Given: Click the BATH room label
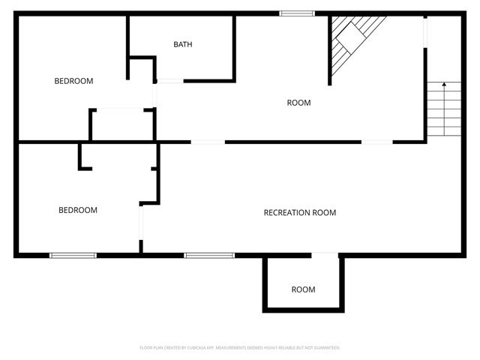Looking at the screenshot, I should point(183,44).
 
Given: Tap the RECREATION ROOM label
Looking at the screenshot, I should point(300,213).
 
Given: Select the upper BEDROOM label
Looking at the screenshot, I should point(73,81).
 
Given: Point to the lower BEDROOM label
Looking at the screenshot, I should point(78,211).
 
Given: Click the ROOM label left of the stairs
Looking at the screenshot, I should point(298,103).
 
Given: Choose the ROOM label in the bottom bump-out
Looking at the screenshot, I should point(303,289).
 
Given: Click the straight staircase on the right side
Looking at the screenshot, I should point(444,109).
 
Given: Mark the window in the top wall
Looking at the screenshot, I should point(297,13).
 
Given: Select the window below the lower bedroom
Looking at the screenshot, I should point(73,256).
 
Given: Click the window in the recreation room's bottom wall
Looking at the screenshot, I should point(209,256).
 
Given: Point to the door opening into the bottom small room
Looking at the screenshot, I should point(325,256).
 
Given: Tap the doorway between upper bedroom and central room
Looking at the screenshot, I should point(155,95).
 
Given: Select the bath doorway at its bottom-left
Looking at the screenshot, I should point(169,80).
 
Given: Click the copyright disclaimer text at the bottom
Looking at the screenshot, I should point(240,348).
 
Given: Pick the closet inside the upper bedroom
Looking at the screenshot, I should point(121,124).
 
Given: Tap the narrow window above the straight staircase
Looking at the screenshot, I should point(424,31).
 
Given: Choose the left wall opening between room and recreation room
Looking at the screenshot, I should point(208,142).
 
